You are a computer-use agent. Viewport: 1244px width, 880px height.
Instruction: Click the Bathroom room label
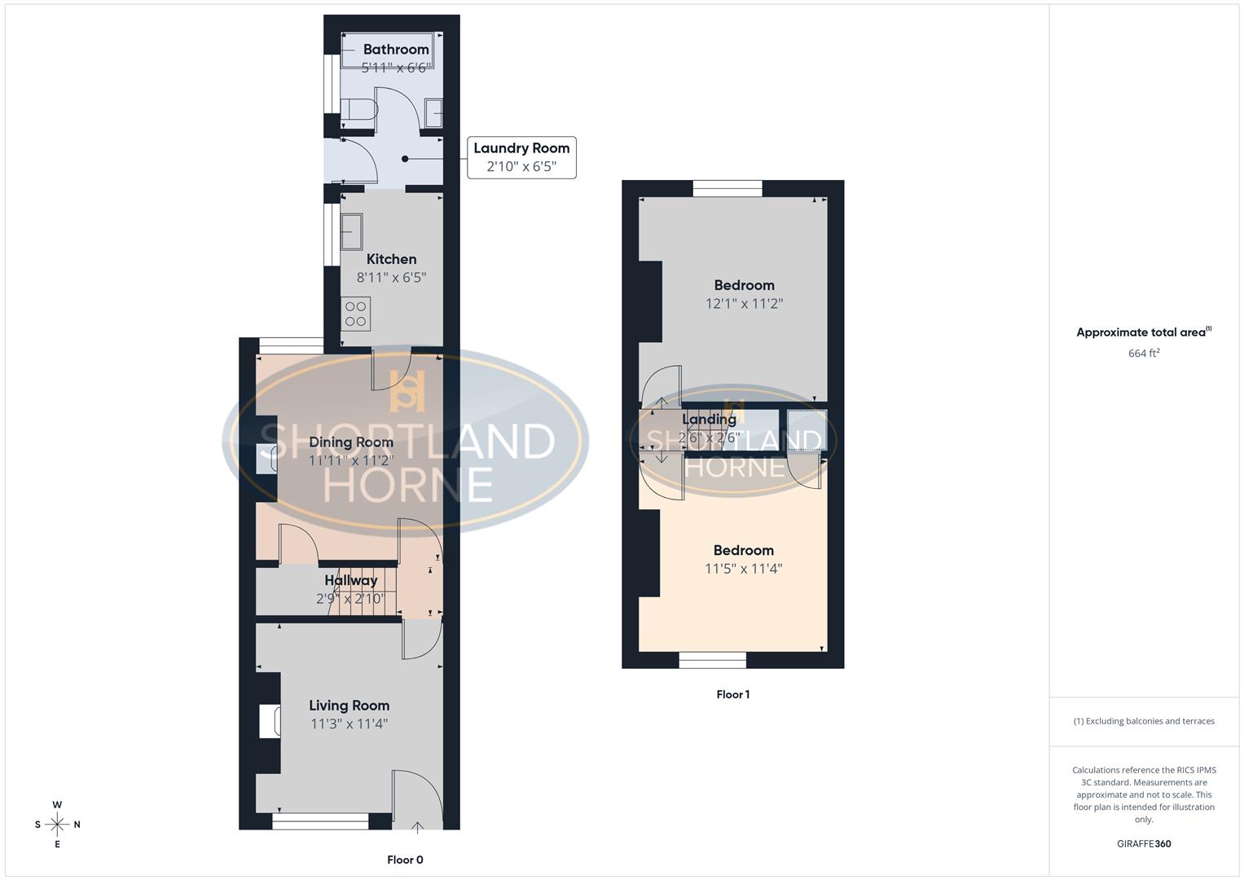(396, 50)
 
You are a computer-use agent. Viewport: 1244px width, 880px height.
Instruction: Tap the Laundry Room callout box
(521, 157)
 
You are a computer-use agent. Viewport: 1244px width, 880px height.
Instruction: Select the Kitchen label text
(391, 259)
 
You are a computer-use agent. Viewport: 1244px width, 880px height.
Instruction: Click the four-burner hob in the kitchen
(356, 314)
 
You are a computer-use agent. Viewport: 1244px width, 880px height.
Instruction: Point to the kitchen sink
(352, 231)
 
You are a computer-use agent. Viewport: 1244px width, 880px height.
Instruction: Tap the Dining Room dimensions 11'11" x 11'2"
(351, 460)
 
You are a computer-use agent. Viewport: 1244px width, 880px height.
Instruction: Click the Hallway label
(351, 580)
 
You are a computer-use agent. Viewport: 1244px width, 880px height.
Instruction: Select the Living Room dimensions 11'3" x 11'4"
(349, 724)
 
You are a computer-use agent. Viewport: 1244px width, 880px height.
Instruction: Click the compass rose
(57, 825)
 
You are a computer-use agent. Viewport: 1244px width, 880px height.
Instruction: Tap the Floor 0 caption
(405, 860)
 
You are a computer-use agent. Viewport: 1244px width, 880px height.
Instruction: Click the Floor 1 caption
(732, 694)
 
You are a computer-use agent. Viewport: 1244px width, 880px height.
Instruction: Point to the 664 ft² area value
(1144, 353)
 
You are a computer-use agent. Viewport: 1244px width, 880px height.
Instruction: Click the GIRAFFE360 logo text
(1144, 843)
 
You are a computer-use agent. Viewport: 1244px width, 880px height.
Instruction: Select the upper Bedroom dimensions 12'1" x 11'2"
(744, 303)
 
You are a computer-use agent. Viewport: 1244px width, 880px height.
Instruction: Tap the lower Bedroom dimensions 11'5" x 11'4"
(743, 569)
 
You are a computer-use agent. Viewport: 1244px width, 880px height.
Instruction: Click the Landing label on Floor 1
(709, 420)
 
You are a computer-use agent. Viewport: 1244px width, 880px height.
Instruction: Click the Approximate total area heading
(1144, 332)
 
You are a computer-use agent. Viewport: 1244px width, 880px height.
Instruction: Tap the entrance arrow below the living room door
(418, 829)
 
